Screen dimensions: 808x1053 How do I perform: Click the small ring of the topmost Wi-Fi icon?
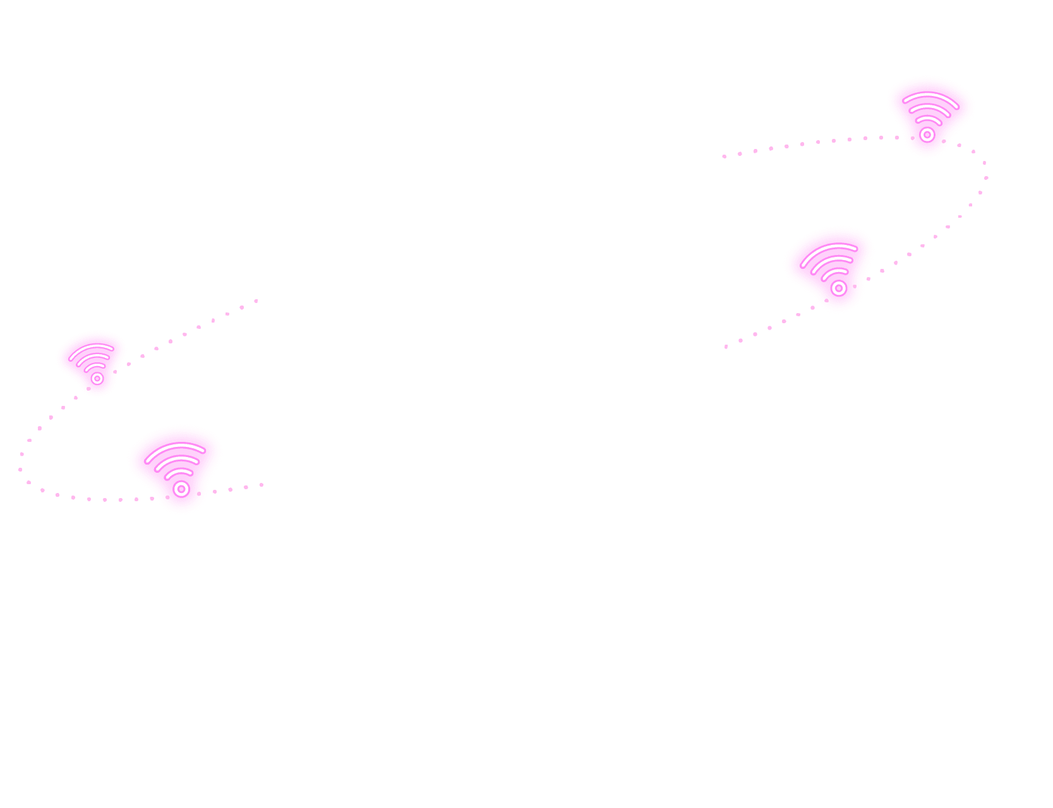click(927, 134)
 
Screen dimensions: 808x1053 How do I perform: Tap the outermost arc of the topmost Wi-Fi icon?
click(930, 95)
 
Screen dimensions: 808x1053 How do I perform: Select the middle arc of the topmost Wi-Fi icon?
click(929, 107)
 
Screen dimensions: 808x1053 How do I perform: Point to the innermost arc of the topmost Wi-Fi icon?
click(929, 118)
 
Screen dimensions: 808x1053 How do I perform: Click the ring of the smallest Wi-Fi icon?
click(97, 378)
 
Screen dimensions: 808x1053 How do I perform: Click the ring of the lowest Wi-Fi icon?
click(181, 489)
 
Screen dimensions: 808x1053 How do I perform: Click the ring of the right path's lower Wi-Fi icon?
click(839, 288)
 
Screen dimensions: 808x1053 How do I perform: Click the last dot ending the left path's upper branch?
click(256, 301)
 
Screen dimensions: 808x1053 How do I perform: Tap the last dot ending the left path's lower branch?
click(262, 485)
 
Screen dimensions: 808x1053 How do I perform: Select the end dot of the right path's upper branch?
click(724, 156)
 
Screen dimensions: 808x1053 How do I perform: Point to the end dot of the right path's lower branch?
click(726, 347)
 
